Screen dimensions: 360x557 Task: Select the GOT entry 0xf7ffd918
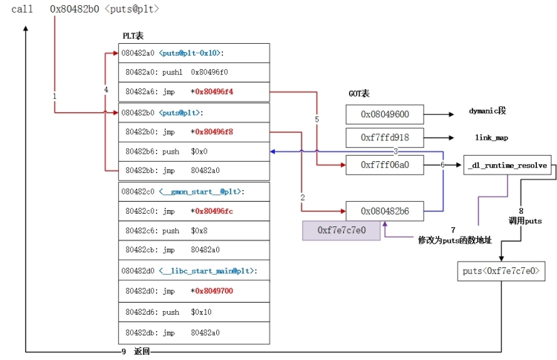384,137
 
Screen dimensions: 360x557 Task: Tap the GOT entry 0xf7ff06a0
384,164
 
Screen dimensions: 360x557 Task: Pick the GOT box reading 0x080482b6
384,212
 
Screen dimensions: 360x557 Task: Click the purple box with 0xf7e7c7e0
340,230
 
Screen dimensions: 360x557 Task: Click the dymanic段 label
487,111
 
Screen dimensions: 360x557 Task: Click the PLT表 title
134,36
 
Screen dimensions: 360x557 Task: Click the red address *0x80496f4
213,91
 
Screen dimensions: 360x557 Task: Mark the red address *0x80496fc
213,212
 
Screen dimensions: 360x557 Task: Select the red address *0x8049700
213,291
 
